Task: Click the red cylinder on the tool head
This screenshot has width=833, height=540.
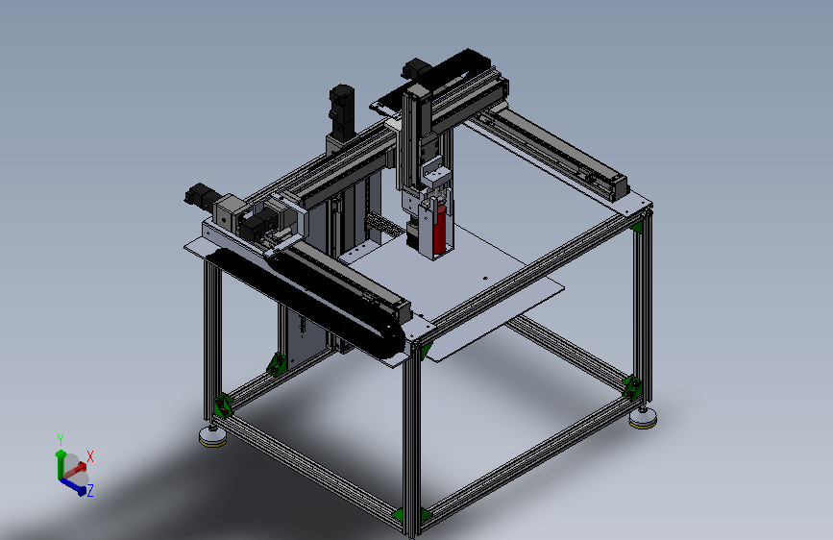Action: [x=440, y=229]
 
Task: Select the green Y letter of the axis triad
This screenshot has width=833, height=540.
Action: [x=60, y=439]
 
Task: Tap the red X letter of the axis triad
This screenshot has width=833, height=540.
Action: [x=90, y=456]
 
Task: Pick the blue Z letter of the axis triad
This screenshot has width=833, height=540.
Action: [x=90, y=490]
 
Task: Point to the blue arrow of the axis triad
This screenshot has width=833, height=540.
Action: [x=74, y=483]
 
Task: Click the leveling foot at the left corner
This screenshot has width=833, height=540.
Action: [x=210, y=438]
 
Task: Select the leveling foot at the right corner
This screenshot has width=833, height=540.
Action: [x=643, y=417]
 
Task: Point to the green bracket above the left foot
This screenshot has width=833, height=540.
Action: [x=223, y=405]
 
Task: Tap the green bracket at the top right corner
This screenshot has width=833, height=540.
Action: [x=637, y=227]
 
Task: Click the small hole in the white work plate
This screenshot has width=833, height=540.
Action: [x=484, y=279]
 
